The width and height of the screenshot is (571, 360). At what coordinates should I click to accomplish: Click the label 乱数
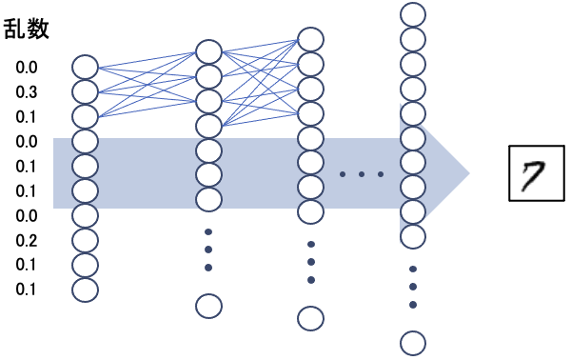click(28, 30)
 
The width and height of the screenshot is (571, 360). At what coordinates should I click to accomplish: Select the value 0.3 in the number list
click(27, 92)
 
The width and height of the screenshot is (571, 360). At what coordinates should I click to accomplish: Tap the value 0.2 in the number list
click(27, 240)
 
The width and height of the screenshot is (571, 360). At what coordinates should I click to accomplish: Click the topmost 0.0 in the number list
click(27, 69)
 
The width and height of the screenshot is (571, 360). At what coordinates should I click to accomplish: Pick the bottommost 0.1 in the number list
click(27, 289)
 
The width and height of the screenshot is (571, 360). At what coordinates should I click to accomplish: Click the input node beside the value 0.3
click(86, 92)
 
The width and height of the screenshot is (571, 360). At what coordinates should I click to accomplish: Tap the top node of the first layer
click(86, 68)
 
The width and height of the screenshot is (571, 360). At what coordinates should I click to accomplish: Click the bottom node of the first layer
click(86, 290)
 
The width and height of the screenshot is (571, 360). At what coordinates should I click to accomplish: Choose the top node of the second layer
click(208, 50)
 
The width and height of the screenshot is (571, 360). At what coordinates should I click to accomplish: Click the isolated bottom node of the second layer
click(208, 306)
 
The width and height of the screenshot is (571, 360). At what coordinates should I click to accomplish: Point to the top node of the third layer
click(311, 39)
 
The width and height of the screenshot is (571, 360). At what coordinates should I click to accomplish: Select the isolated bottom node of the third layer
click(311, 317)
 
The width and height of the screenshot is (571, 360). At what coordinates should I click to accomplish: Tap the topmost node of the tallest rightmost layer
click(412, 14)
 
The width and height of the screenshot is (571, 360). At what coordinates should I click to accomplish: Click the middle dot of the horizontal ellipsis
click(361, 174)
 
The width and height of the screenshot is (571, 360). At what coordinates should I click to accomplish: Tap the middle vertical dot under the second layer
click(208, 250)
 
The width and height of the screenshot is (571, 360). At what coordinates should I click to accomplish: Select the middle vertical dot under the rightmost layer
click(413, 287)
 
